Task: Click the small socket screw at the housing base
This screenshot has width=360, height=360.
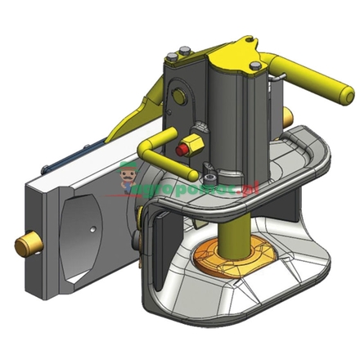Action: pyautogui.click(x=210, y=178)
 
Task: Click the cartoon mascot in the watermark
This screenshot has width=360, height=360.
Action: pyautogui.click(x=127, y=176)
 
